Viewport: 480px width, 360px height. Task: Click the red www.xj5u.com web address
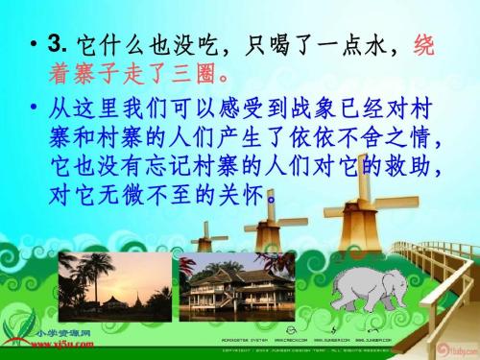(x=48, y=339)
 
